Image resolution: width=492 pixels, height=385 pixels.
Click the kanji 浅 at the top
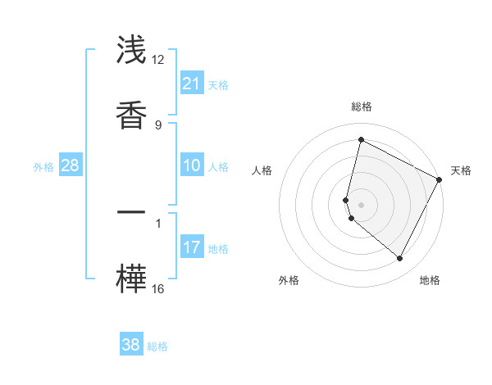pos(131,51)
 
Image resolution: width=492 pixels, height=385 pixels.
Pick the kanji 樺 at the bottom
pos(131,278)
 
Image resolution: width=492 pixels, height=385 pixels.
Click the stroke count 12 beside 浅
pos(158,60)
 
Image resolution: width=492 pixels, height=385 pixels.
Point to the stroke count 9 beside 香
pos(158,125)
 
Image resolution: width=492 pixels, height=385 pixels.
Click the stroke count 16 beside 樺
pos(158,288)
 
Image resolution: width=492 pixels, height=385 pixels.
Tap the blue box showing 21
pos(192,83)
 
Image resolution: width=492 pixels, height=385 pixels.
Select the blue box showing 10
pos(192,165)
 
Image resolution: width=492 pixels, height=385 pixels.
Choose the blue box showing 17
pos(192,247)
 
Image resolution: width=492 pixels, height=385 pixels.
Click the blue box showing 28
pos(70,165)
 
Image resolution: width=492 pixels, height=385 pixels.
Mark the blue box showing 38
pos(131,345)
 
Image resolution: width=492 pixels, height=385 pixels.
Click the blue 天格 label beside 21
pos(218,84)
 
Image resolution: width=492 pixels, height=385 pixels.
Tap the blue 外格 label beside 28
pos(43,167)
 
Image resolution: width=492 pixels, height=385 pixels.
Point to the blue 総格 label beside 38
pos(157,346)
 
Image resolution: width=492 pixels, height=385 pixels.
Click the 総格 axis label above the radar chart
pos(361,107)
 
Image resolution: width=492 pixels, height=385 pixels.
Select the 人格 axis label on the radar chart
pos(262,170)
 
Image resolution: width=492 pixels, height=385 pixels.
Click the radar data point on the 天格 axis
pos(440,180)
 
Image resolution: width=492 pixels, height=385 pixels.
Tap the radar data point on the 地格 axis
pos(399,259)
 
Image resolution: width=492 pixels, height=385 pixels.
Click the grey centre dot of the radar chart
pos(361,204)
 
